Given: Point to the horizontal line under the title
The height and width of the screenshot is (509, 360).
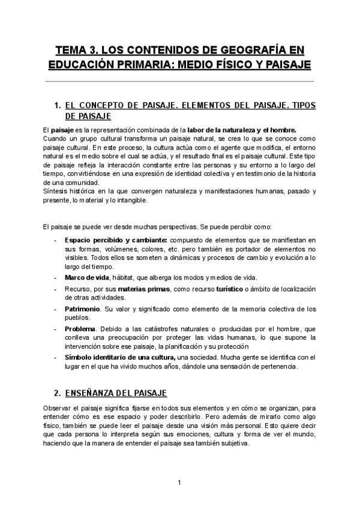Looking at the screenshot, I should click(180, 81).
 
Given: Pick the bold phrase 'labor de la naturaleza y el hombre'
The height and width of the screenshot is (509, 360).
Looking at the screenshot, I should click(241, 130).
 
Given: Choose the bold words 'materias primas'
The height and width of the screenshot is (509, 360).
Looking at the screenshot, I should click(141, 289).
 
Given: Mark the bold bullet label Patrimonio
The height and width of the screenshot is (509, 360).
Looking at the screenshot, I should click(83, 309).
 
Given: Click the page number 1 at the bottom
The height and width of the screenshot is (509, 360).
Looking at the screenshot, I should click(179, 482).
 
